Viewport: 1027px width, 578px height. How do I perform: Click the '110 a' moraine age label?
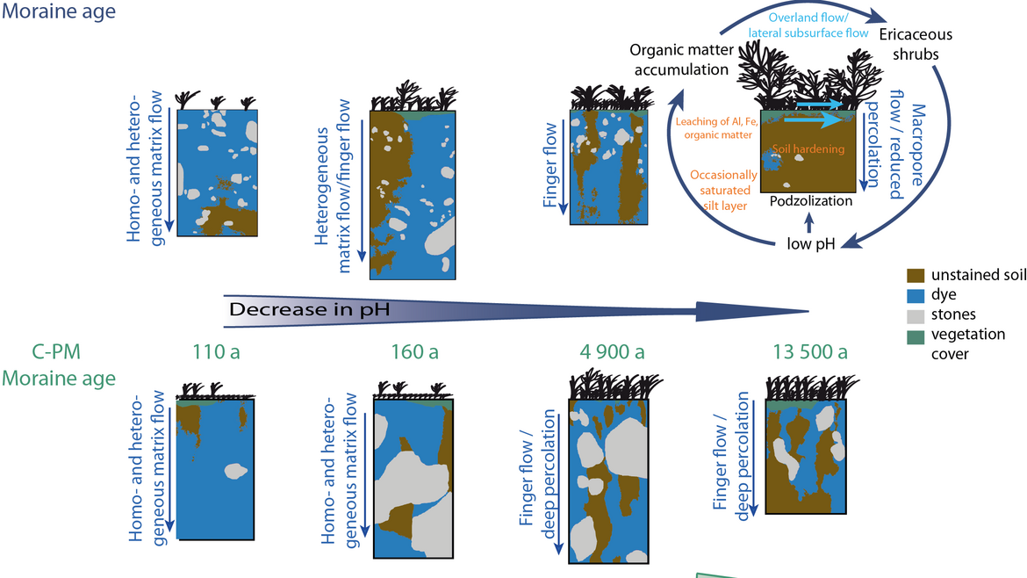click(x=216, y=353)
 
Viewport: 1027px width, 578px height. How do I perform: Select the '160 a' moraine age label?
click(x=415, y=353)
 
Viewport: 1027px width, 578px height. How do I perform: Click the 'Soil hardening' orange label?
click(x=808, y=149)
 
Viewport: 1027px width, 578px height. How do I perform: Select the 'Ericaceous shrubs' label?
click(x=916, y=44)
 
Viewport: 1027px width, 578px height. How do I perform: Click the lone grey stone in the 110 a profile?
click(x=234, y=471)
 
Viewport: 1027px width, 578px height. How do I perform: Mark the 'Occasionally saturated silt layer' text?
click(x=721, y=191)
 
